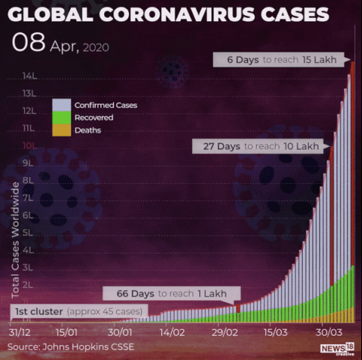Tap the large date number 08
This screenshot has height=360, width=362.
click(x=28, y=42)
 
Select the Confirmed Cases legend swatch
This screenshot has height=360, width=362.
click(x=61, y=105)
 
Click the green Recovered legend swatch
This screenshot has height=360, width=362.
click(x=61, y=118)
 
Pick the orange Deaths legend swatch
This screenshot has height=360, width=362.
click(x=61, y=130)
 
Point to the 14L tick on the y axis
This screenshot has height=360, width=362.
click(x=29, y=76)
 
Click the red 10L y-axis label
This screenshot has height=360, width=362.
click(x=29, y=145)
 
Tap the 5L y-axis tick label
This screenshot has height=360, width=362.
click(x=28, y=232)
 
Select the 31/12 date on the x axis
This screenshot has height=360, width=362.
click(x=19, y=332)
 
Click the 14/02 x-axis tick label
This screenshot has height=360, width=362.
click(x=172, y=332)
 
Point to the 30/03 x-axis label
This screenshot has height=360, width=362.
click(x=329, y=332)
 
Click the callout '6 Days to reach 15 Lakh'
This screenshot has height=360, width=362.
click(x=279, y=60)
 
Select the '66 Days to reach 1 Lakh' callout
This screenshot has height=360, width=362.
click(x=172, y=293)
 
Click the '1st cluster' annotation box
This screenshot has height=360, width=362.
click(x=79, y=311)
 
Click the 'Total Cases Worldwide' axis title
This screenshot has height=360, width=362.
click(x=15, y=240)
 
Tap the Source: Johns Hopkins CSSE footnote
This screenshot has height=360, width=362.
click(x=70, y=346)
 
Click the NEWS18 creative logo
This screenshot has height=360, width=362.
click(x=337, y=349)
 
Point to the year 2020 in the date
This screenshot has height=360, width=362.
click(x=96, y=47)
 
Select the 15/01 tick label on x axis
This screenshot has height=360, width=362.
click(x=66, y=332)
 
